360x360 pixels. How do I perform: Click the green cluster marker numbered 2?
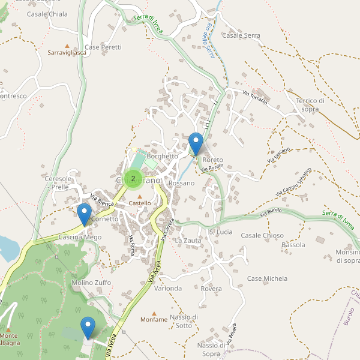[133, 178]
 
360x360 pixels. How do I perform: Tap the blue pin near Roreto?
[196, 143]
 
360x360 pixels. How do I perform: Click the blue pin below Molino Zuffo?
[88, 327]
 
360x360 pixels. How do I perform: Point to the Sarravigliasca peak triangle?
[67, 46]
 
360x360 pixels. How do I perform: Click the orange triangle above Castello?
[140, 196]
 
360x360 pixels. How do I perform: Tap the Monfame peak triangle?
[154, 313]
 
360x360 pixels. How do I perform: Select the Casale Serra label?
[241, 35]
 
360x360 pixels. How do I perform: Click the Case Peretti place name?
[103, 47]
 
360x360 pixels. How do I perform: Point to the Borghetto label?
[163, 156]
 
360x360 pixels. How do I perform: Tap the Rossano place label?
[182, 183]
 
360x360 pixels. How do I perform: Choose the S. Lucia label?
[220, 232]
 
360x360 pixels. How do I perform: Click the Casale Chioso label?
[262, 235]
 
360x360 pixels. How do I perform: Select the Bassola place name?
[293, 245]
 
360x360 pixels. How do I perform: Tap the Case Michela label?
[267, 278]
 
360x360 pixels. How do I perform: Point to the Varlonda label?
[168, 288]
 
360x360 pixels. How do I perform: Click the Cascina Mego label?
[80, 237]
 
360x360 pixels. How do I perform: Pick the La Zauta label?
[188, 240]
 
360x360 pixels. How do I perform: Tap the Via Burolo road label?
[271, 212]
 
